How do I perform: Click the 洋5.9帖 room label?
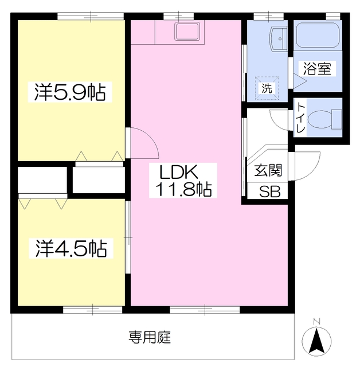70,92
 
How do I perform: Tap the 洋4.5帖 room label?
71,248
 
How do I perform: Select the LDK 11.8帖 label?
183,180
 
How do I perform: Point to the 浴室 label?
317,69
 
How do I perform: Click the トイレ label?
300,118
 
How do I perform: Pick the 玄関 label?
268,170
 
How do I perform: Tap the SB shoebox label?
269,192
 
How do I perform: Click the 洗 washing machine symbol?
267,88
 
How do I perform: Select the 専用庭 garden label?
150,337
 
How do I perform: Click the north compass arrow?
317,340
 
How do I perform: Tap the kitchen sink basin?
187,32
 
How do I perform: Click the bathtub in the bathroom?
318,36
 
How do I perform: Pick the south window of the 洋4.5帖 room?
93,310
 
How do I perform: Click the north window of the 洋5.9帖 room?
91,17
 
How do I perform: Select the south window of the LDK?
205,310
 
